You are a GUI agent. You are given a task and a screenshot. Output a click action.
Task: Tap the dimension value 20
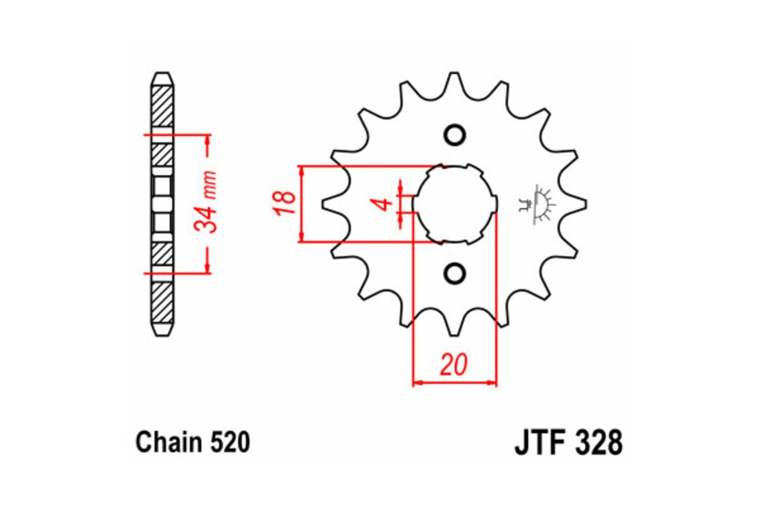(x=454, y=365)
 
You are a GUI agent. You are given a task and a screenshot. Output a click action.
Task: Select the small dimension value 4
(x=382, y=204)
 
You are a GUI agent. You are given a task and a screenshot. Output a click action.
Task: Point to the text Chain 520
(x=193, y=442)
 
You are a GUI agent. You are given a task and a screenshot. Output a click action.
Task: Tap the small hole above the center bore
(x=454, y=135)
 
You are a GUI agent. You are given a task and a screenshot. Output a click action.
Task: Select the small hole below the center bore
(x=454, y=273)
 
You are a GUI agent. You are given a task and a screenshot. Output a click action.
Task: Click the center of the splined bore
(x=454, y=204)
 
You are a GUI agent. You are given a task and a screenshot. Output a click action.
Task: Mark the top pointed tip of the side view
(x=161, y=73)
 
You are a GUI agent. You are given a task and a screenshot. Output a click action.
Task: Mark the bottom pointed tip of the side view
(x=161, y=336)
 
